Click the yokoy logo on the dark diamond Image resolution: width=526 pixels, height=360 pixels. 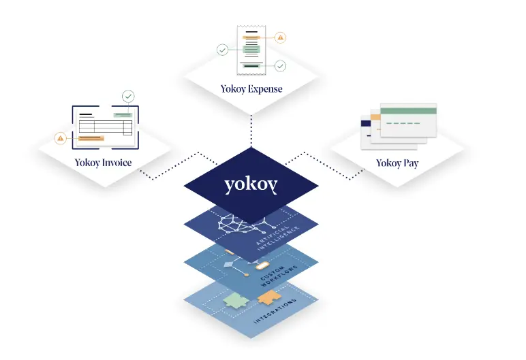251,185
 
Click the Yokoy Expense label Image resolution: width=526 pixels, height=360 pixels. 251,88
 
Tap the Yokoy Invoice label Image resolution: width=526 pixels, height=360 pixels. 104,163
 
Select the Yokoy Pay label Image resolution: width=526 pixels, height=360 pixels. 397,163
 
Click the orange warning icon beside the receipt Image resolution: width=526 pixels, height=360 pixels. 281,37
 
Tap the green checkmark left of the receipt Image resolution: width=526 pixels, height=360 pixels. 222,50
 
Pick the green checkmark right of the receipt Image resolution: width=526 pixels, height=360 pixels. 280,66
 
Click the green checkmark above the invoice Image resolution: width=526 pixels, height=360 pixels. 128,97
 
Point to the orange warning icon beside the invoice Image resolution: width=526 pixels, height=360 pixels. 61,139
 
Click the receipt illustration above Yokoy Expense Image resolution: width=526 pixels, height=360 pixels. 251,50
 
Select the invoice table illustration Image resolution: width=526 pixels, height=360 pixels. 105,127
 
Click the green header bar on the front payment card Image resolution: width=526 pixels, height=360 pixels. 408,110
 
